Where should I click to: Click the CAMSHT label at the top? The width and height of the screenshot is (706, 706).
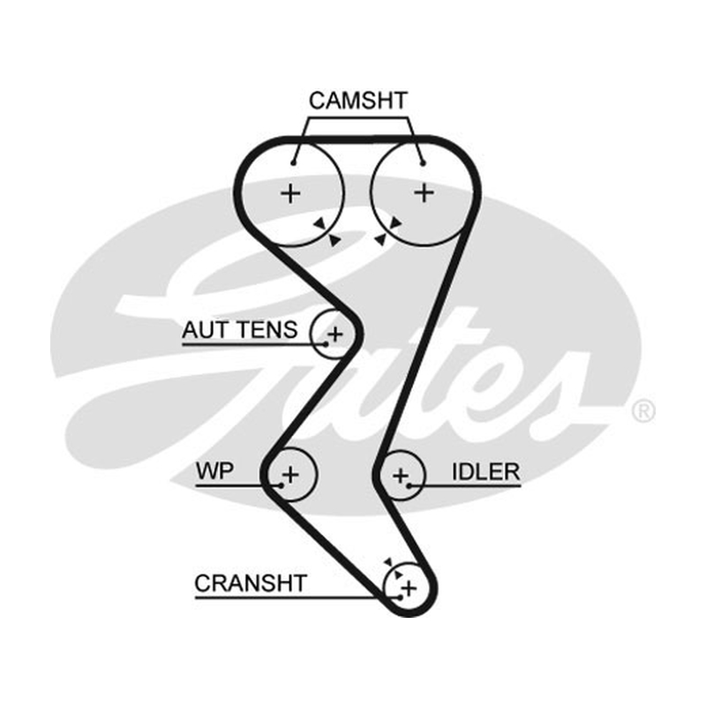point(358,101)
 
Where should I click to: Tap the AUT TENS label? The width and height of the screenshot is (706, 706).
point(239,329)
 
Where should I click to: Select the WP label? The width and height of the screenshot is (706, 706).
point(214,471)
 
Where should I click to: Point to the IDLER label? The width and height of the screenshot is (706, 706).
point(486,472)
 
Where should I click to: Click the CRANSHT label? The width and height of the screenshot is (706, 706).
point(251,583)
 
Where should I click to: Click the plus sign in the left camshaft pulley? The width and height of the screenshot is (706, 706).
point(290,193)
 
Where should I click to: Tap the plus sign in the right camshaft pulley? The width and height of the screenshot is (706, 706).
point(424,192)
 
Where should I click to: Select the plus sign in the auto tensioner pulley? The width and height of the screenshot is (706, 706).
point(335,334)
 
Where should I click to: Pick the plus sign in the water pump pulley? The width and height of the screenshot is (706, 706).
point(290,474)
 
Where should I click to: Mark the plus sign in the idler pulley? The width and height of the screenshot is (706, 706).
point(401,476)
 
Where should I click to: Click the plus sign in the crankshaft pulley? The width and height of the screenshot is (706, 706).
point(409,588)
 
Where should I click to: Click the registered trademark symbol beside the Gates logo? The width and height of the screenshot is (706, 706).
point(643,411)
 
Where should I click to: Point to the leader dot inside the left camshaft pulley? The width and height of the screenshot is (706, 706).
point(293,163)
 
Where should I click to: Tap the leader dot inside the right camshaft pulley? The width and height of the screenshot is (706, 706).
point(423,163)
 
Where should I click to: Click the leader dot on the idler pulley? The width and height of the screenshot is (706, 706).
point(409,486)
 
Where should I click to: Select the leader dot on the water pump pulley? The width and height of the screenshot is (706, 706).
point(281,485)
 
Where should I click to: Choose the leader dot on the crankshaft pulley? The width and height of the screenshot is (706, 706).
point(400,597)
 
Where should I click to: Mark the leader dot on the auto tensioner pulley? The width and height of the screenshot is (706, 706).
point(326,344)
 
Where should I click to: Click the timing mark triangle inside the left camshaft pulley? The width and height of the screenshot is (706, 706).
point(320,223)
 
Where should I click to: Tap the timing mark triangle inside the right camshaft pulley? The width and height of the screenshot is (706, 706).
point(395,222)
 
